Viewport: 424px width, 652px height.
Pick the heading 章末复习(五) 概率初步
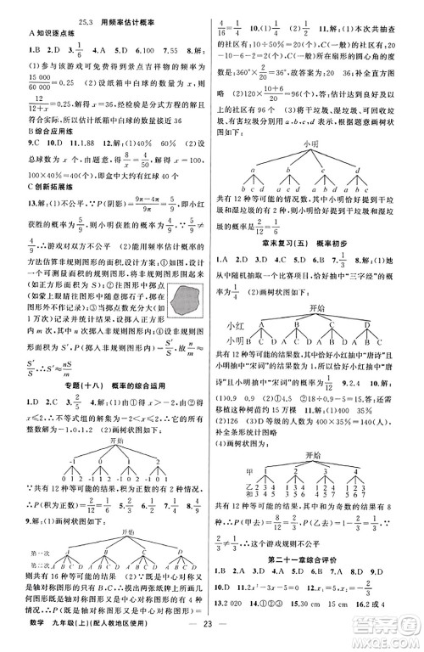click(310, 243)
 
